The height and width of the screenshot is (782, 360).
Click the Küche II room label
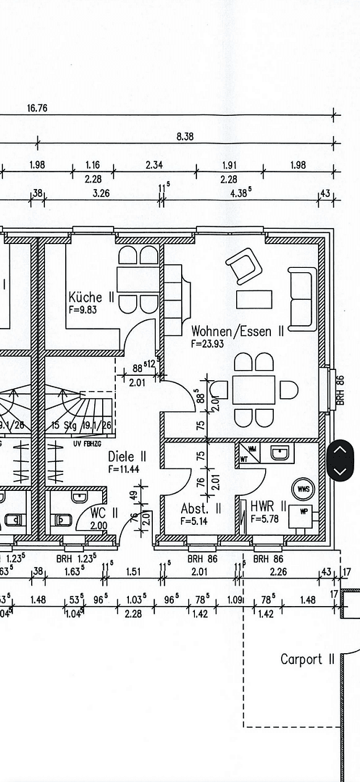[91, 297]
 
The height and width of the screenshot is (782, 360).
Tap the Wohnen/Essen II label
[237, 332]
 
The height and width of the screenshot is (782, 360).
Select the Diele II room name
[127, 457]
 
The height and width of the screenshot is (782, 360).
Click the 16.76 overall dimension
[37, 108]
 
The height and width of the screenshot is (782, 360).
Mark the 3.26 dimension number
[101, 193]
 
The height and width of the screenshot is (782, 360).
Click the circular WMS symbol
[303, 489]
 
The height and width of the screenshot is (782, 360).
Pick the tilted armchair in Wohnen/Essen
[243, 266]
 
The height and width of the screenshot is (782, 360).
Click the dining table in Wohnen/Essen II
[254, 390]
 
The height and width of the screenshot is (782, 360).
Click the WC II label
[99, 513]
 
